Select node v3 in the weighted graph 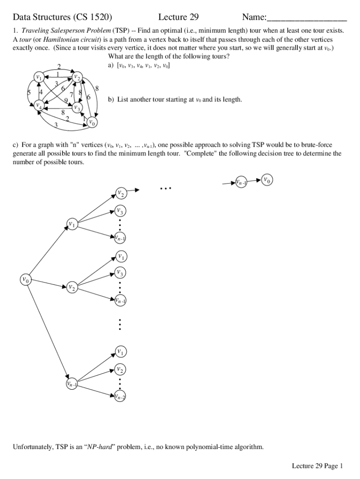pyautogui.click(x=77, y=108)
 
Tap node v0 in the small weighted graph pyautogui.click(x=92, y=123)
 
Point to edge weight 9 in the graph pyautogui.click(x=66, y=100)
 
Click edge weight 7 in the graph pyautogui.click(x=72, y=95)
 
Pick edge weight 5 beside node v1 pyautogui.click(x=29, y=92)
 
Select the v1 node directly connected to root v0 pyautogui.click(x=72, y=224)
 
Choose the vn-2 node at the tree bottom pyautogui.click(x=120, y=397)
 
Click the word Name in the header pyautogui.click(x=253, y=18)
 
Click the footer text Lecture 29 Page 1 pyautogui.click(x=317, y=465)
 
